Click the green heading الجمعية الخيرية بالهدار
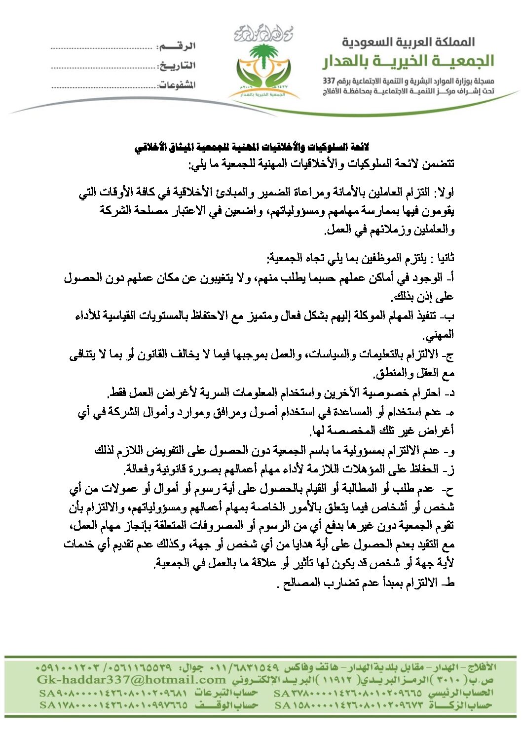click(408, 61)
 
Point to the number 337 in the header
click(329, 80)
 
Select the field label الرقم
click(176, 46)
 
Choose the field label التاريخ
click(177, 66)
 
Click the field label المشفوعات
click(177, 85)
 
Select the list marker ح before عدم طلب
click(449, 490)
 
